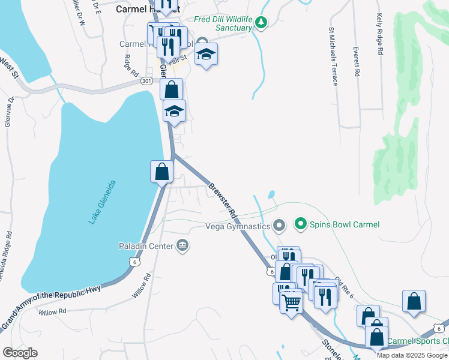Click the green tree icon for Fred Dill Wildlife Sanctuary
(261, 22)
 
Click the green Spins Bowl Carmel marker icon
(300, 224)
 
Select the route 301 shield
(146, 80)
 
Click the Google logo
(20, 353)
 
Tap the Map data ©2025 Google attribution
(412, 355)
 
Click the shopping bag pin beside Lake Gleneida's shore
(161, 172)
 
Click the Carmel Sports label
(417, 341)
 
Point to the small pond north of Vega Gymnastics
(272, 194)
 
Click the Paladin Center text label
(145, 246)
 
